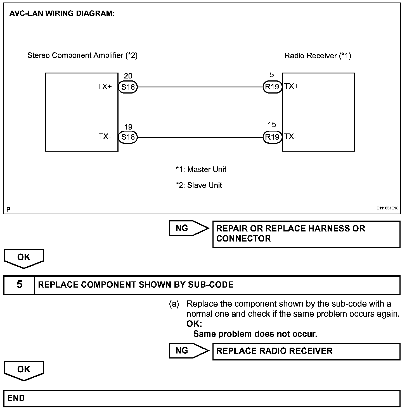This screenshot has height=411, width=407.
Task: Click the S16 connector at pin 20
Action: (x=128, y=87)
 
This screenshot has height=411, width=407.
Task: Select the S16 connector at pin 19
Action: (x=128, y=137)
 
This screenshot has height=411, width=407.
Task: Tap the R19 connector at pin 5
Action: (x=272, y=87)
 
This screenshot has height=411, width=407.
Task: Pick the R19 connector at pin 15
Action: (x=272, y=137)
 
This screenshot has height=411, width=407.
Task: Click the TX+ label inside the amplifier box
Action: (x=105, y=87)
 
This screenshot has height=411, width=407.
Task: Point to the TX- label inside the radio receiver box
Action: (x=290, y=137)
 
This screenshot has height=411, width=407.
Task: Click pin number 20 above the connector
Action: (x=128, y=76)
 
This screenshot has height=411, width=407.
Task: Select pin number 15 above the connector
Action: (x=272, y=125)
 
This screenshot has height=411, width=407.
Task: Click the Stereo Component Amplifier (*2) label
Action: (x=82, y=55)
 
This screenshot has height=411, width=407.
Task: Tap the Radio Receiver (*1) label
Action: (x=318, y=56)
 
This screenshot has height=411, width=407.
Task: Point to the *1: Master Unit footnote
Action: (x=201, y=169)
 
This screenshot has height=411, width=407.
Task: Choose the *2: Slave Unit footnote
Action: (x=199, y=185)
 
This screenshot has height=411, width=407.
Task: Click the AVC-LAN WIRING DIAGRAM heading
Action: (x=62, y=14)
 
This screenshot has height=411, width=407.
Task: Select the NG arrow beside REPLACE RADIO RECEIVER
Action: (x=188, y=351)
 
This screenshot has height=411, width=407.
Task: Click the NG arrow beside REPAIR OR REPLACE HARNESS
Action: (x=188, y=228)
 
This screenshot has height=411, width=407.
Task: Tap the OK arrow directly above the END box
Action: (x=24, y=370)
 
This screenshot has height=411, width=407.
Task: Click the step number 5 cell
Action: (x=19, y=285)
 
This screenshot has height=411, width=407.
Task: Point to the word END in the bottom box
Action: (x=16, y=398)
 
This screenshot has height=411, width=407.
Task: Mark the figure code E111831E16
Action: (x=387, y=208)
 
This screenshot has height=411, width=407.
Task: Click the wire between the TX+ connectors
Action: (x=200, y=87)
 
